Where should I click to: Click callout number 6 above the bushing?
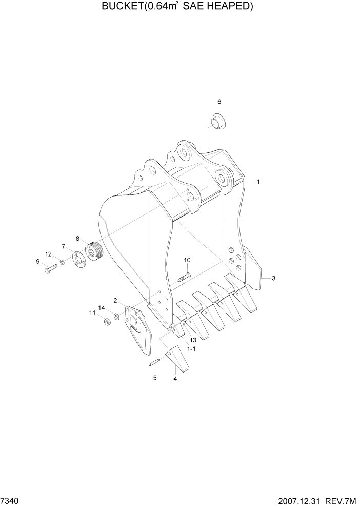tap(219, 102)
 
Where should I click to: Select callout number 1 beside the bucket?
tap(258, 182)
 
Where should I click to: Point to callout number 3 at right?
tap(274, 278)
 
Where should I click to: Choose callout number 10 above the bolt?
tap(187, 260)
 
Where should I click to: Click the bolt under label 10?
tap(184, 278)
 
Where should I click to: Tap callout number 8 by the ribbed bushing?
tap(78, 238)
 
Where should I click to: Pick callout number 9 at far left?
tap(38, 262)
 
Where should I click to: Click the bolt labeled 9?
tap(50, 268)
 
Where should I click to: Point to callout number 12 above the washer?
tap(48, 254)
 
